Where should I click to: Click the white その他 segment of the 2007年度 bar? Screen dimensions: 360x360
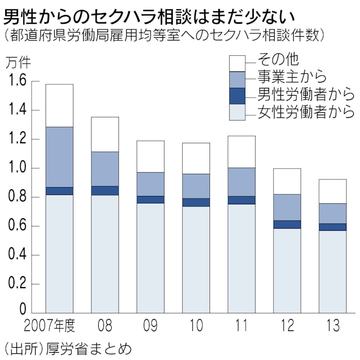pos(59,106)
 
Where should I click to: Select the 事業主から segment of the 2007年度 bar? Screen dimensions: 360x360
pos(59,157)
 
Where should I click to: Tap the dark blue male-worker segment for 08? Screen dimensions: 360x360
pos(105,190)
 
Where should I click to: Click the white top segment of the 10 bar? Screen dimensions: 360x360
pos(196,158)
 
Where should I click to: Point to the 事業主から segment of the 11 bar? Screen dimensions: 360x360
pos(242,182)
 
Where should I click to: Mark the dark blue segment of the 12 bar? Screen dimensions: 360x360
pos(287,224)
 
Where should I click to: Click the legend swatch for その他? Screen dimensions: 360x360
pos(236,63)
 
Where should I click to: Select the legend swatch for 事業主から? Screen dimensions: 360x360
pos(236,79)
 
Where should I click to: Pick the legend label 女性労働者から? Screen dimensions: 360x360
pos(306,112)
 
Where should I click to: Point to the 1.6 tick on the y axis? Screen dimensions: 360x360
pos(17,81)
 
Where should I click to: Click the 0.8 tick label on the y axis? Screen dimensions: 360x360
pos(17,198)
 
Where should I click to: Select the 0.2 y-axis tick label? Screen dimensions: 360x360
pos(17,284)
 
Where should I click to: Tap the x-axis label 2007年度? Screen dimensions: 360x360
pos(50,326)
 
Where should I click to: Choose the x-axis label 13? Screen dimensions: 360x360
pos(333,326)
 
